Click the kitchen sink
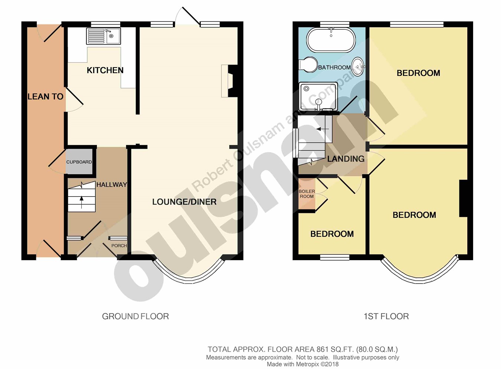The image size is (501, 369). pyautogui.click(x=103, y=36)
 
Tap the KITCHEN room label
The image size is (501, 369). pyautogui.click(x=105, y=70)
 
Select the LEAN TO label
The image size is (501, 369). pyautogui.click(x=45, y=97)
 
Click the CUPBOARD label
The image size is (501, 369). pyautogui.click(x=79, y=162)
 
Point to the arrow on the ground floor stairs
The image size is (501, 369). pyautogui.click(x=81, y=202)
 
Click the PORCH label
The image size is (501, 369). pyautogui.click(x=119, y=246)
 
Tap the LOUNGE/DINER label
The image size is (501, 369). pyautogui.click(x=184, y=202)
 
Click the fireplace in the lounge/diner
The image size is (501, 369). pyautogui.click(x=229, y=81)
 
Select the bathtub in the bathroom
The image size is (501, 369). pyautogui.click(x=331, y=40)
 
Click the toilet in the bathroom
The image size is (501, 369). pyautogui.click(x=308, y=65)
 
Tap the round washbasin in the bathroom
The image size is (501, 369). pyautogui.click(x=358, y=67)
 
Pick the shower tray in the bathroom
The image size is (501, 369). pyautogui.click(x=318, y=97)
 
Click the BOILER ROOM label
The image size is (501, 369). pyautogui.click(x=307, y=194)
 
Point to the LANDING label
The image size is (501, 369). pyautogui.click(x=346, y=159)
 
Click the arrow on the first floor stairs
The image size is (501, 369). pyautogui.click(x=322, y=129)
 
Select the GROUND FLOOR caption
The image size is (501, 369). pyautogui.click(x=135, y=316)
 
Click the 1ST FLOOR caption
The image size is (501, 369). pyautogui.click(x=386, y=316)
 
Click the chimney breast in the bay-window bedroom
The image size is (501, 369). pyautogui.click(x=463, y=198)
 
